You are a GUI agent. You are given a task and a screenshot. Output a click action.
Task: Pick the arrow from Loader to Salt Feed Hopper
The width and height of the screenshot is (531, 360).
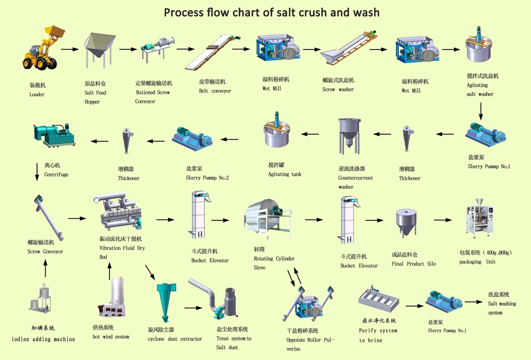click(x=70, y=49)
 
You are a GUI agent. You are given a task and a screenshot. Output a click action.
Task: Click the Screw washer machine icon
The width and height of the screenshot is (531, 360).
click(x=349, y=49)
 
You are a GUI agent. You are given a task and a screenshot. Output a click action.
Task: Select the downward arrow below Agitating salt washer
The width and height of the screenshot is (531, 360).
click(x=481, y=111)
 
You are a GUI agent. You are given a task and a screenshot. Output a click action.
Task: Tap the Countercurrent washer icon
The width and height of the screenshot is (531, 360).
click(x=349, y=136)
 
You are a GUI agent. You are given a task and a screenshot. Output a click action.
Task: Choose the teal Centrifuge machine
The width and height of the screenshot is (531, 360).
click(x=54, y=135)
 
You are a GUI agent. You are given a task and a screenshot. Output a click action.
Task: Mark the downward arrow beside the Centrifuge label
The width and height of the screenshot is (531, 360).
click(x=37, y=172)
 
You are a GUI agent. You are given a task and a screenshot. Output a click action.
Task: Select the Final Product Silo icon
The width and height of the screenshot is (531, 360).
click(x=406, y=223)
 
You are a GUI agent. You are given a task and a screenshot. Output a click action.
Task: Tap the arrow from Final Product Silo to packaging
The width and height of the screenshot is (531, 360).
click(x=443, y=220)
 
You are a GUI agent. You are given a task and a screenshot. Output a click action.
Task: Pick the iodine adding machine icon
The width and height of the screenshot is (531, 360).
click(x=41, y=300)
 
